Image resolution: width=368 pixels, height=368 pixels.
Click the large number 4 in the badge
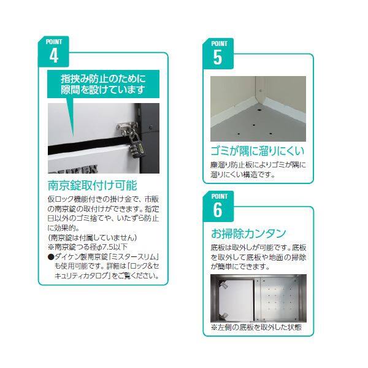54,56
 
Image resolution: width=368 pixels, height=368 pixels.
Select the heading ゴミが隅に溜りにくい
257,151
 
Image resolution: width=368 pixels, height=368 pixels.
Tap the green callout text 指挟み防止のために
102,79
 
